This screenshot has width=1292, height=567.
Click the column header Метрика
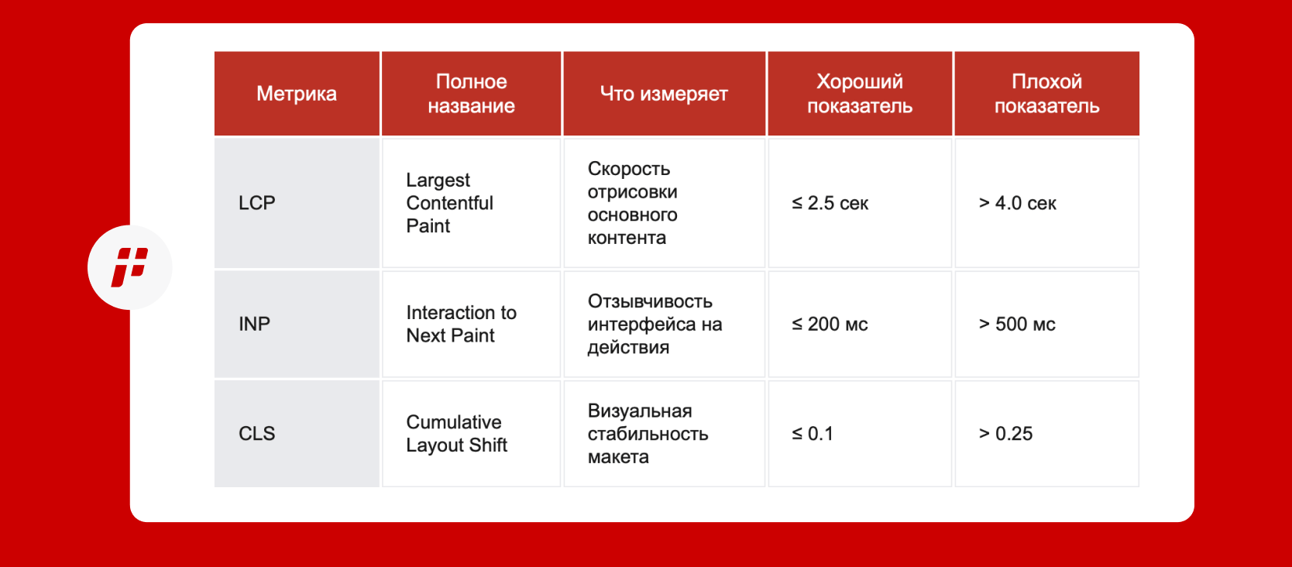point(297,94)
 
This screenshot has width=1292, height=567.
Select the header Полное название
point(471,94)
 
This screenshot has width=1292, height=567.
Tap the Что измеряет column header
point(664,94)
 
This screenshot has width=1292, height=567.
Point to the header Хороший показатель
point(860,94)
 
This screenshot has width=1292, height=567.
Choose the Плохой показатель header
point(1047,94)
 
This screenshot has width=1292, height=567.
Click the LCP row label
point(256,203)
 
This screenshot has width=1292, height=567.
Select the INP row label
point(254,324)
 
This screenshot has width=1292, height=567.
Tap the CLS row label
point(256,434)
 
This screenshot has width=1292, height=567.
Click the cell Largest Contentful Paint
point(449,203)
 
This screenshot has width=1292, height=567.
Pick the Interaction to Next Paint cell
point(462,324)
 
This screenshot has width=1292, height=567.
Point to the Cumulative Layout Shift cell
point(456,434)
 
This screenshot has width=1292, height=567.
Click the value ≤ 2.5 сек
point(830,203)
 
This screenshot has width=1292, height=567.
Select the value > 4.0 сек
point(1018,203)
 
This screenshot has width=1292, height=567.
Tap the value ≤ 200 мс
point(830,324)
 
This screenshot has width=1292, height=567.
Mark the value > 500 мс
point(1017,324)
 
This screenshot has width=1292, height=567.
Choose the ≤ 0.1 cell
point(813,434)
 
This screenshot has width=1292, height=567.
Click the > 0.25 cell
point(1005,434)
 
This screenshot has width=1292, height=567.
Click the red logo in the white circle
point(130,267)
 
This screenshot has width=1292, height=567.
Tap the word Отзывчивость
point(650,301)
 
